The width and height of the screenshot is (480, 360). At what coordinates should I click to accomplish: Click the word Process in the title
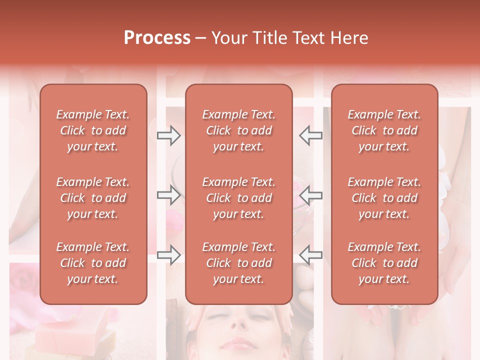tap(157, 37)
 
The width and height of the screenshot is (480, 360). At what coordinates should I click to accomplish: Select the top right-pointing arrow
tap(169, 135)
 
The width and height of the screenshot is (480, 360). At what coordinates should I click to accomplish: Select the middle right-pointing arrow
tap(169, 195)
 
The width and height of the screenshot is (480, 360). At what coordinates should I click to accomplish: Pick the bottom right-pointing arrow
tap(169, 255)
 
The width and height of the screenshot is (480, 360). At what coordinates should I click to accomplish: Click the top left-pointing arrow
tap(311, 135)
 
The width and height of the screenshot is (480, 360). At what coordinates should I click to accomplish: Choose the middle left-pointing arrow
tap(311, 195)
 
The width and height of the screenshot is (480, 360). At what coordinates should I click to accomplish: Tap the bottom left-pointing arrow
tap(311, 255)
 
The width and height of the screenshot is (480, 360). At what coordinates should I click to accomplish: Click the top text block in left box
tap(93, 130)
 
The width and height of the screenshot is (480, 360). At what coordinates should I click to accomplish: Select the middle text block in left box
tap(93, 198)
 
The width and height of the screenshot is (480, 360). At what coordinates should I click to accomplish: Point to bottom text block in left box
tap(93, 263)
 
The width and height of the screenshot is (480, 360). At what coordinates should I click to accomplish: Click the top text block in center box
tap(239, 130)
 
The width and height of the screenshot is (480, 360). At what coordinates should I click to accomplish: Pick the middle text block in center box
tap(239, 198)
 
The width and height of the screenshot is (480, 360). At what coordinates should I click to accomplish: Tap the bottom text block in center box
tap(239, 263)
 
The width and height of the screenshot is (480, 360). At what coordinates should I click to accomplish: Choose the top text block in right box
tap(384, 130)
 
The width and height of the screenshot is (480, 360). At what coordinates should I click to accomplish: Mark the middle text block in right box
tap(384, 198)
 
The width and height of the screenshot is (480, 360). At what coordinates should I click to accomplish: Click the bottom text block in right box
tap(384, 263)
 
